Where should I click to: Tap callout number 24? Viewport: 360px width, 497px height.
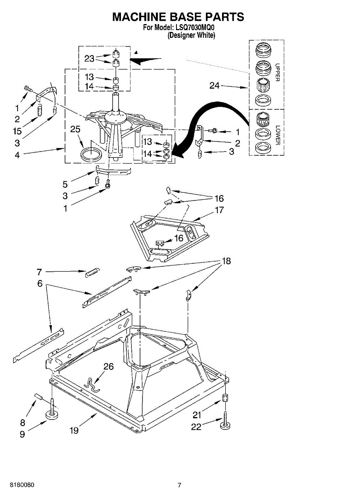click(215, 86)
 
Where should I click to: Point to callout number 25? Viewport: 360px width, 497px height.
click(75, 129)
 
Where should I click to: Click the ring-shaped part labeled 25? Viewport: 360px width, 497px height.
click(91, 154)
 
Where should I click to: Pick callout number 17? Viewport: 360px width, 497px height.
click(219, 210)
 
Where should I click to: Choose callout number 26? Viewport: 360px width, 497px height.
click(108, 366)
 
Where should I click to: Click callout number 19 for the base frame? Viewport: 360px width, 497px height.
click(74, 431)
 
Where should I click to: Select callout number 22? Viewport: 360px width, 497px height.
click(196, 427)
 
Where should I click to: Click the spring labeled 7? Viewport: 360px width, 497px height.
click(92, 272)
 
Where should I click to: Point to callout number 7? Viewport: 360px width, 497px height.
click(39, 272)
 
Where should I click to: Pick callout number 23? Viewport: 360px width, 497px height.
click(89, 58)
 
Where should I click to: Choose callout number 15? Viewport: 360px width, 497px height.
click(17, 131)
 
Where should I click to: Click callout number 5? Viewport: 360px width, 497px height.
click(65, 184)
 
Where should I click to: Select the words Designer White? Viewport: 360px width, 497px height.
click(191, 36)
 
